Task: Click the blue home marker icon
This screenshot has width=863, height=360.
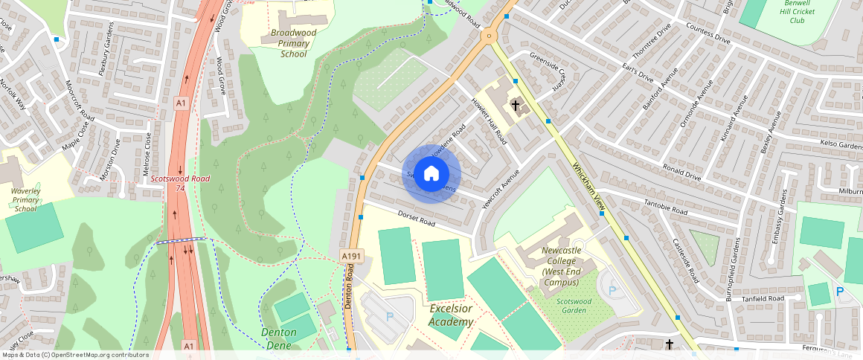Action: pyautogui.click(x=431, y=174)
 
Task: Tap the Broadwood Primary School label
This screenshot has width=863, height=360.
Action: pyautogui.click(x=293, y=43)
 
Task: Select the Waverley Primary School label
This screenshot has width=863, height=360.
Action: pyautogui.click(x=26, y=198)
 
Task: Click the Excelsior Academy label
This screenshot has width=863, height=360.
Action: pyautogui.click(x=451, y=315)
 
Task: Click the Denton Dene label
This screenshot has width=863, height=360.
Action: pyautogui.click(x=278, y=338)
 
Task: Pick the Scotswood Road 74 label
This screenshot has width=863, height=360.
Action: pyautogui.click(x=179, y=183)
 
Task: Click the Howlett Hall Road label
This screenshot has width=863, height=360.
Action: pyautogui.click(x=489, y=121)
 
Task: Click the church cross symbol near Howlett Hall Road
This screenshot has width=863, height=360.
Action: pyautogui.click(x=516, y=106)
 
